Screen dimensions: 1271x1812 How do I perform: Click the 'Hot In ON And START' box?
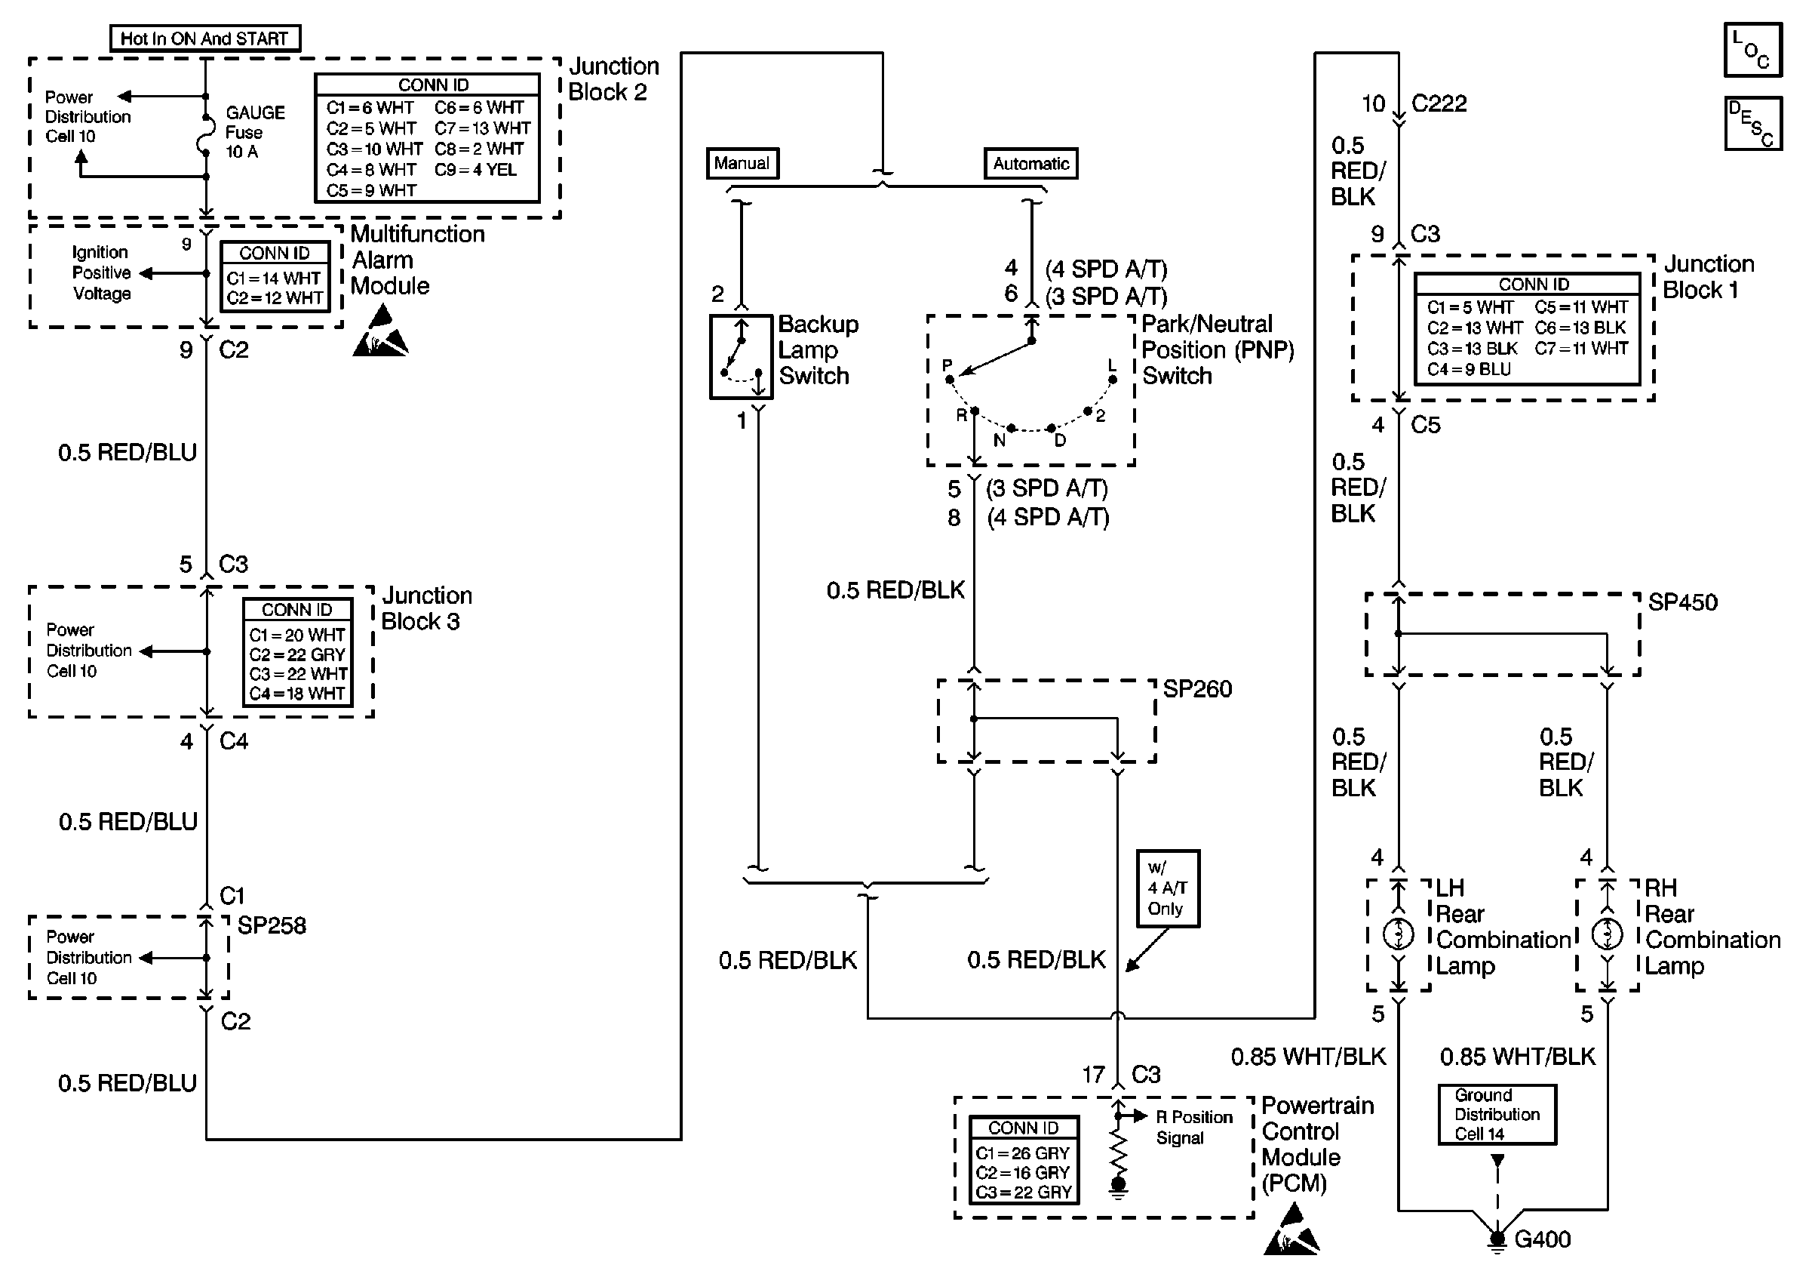(204, 38)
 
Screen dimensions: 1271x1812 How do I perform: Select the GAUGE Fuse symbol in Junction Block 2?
(206, 134)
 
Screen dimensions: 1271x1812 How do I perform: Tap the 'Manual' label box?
(742, 164)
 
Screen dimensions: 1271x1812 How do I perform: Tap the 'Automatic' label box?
(1030, 164)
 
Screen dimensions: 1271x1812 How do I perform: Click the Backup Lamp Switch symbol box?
(741, 357)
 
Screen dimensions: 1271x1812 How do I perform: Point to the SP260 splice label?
(1197, 689)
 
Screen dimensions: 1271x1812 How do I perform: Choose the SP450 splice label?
(1682, 602)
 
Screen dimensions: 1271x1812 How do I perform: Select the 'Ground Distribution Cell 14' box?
(1497, 1115)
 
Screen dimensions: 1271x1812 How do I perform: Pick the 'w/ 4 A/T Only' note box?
(1167, 888)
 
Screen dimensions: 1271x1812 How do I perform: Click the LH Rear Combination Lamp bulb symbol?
(1399, 934)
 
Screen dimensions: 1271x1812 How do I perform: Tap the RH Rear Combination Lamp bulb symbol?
(1607, 934)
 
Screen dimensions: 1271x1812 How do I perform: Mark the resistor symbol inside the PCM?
(1118, 1152)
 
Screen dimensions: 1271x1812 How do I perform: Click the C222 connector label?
(1439, 103)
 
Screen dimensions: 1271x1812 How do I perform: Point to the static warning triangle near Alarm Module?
(379, 333)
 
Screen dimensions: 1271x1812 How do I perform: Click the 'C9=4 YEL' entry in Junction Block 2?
(475, 170)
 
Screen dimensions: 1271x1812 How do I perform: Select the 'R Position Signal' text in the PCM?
(1193, 1128)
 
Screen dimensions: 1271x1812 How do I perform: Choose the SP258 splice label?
(272, 925)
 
